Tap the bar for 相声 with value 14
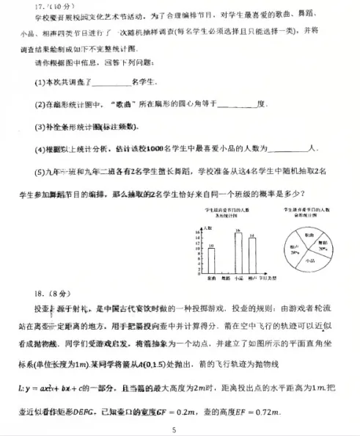pos(251,255)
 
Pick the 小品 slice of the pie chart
pos(308,260)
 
